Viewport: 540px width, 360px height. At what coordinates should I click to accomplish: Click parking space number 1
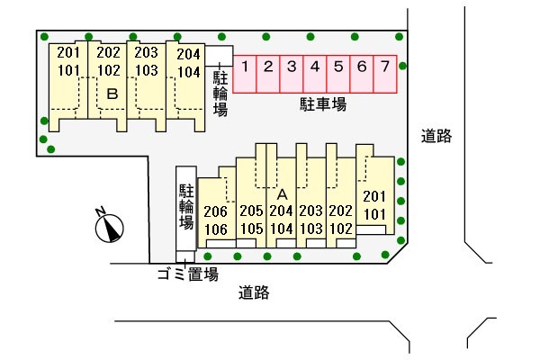(x=245, y=74)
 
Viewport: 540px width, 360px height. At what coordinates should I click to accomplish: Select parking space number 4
(x=315, y=74)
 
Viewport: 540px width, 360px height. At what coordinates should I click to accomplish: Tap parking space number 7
(x=385, y=74)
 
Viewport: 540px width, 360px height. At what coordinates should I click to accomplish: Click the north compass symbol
(x=109, y=228)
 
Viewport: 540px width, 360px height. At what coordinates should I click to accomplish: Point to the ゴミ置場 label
(x=188, y=274)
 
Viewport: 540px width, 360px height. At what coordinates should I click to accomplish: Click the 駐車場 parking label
(x=323, y=104)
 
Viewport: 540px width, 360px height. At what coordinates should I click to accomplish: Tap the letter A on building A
(x=282, y=195)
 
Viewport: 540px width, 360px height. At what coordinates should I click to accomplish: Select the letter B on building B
(x=112, y=94)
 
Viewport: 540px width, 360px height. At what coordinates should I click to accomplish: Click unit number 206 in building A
(x=216, y=211)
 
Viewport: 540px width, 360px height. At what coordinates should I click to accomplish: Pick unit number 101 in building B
(x=68, y=70)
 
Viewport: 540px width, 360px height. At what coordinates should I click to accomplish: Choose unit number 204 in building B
(x=188, y=54)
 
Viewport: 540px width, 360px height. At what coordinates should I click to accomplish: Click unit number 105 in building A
(x=251, y=229)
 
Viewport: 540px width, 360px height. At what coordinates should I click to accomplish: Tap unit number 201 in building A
(x=374, y=196)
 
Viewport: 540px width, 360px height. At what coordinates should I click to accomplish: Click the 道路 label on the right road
(x=436, y=136)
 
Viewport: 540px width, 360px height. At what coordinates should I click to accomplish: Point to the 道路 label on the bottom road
(x=254, y=292)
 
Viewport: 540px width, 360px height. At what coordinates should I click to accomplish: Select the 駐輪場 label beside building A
(x=186, y=207)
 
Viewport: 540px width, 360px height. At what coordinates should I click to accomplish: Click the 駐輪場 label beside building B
(x=220, y=94)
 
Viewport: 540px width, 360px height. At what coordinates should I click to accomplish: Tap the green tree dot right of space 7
(x=402, y=66)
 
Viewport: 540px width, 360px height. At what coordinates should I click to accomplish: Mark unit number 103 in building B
(x=147, y=70)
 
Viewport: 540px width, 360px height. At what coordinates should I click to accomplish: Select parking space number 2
(x=268, y=74)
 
